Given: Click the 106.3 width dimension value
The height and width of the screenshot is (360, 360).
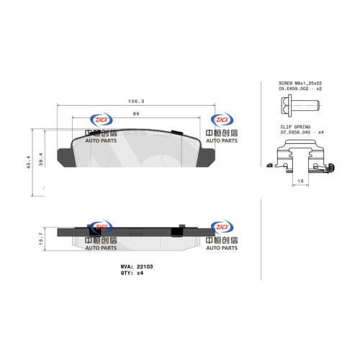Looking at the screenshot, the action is tap(136, 102).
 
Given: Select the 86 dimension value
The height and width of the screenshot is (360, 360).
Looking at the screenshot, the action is tap(136, 114).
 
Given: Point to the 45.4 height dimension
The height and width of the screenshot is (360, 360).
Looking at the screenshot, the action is tap(29, 162).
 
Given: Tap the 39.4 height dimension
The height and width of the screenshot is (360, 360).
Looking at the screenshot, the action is tap(41, 159).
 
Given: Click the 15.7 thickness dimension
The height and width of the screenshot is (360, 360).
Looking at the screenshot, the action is tap(41, 239).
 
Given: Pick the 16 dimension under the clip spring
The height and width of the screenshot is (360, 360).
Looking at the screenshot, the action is tap(300, 181).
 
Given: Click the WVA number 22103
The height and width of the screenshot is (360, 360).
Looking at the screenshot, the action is tap(145, 266).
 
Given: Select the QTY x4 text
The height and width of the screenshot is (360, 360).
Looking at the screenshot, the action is tap(132, 273).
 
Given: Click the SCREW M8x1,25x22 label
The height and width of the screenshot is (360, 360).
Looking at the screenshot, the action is tap(300, 83).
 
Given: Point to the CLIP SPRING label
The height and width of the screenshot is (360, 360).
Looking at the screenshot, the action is tap(295, 127).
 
